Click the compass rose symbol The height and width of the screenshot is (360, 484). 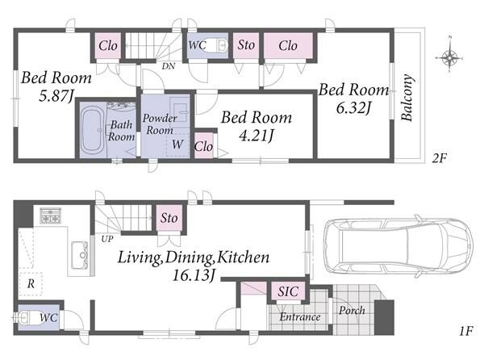[449, 57]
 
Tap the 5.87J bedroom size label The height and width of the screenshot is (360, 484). [56, 96]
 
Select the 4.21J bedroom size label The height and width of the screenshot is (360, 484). [257, 136]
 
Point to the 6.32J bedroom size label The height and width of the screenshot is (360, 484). [354, 107]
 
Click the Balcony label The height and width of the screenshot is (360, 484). [407, 97]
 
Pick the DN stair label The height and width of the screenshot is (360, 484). [169, 65]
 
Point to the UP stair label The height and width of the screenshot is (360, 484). [107, 239]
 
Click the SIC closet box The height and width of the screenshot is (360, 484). [288, 291]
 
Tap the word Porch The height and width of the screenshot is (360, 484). [352, 310]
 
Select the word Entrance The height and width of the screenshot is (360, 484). [300, 317]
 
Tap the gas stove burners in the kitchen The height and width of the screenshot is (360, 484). [50, 216]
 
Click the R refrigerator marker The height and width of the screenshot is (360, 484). [31, 283]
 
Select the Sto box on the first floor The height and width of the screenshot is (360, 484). [169, 218]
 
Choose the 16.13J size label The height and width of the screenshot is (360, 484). [194, 275]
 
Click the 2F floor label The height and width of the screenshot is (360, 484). [440, 158]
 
